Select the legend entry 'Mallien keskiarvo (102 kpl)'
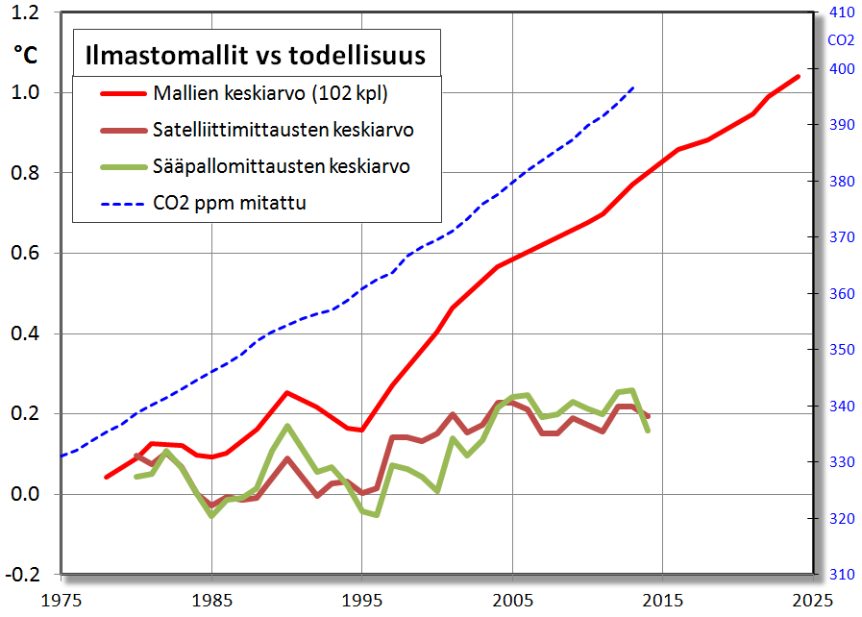271,93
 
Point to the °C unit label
26,55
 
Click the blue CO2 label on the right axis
841,40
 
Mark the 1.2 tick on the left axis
28,12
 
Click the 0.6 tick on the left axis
28,254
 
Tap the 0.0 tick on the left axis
28,494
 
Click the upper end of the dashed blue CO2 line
633,87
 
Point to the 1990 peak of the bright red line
286,392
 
